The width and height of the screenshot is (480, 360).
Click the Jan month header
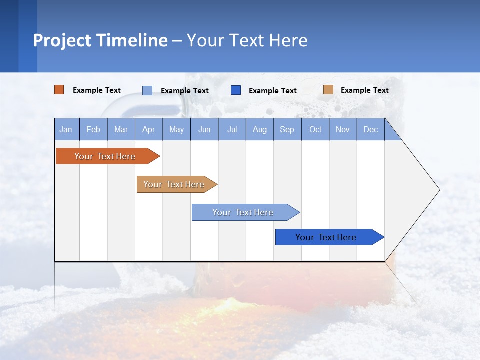pos(66,129)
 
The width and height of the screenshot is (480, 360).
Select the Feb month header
pos(93,129)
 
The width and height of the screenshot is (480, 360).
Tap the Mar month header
pos(121,129)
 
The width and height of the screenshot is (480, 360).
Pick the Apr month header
pos(149,129)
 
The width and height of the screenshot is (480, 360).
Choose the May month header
pos(176,129)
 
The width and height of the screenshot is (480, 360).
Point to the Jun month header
pos(204,129)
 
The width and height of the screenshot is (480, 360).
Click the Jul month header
pos(232,129)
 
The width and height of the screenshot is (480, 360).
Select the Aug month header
pos(260,129)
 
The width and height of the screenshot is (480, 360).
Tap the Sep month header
pos(287,129)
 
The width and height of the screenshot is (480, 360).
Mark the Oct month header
pos(315,129)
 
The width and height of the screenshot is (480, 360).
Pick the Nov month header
pos(343,129)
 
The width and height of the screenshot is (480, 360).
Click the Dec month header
pos(371,129)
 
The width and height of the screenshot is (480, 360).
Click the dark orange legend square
pos(59,90)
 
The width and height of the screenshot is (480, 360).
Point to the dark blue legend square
pos(236,90)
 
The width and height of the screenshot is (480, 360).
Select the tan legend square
pos(328,90)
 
